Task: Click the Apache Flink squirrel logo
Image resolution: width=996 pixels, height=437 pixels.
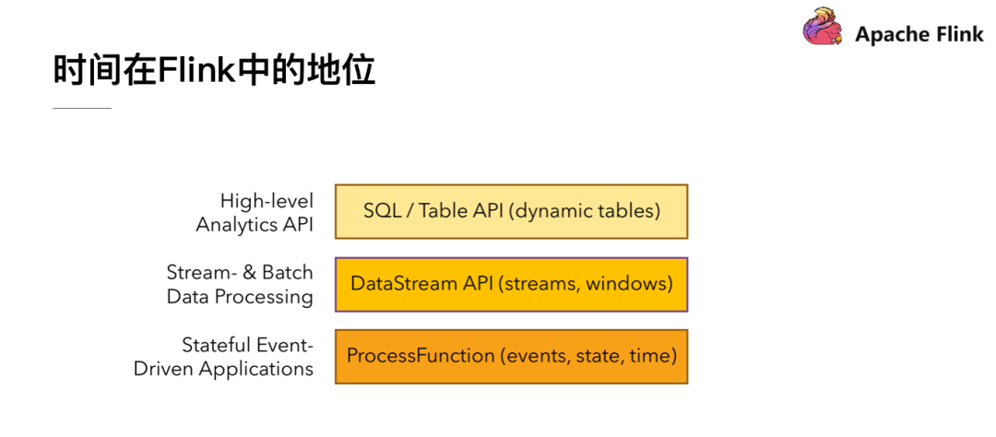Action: pos(822,27)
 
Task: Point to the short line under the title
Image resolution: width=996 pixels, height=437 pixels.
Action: pos(82,108)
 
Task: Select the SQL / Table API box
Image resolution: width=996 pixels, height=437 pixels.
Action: pos(511,211)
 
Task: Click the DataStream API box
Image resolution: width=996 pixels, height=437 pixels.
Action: pos(511,284)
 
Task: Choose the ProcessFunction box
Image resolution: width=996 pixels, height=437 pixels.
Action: pos(511,356)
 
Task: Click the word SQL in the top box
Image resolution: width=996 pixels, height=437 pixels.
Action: pos(382,211)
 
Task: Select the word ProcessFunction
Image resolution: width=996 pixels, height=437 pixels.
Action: pos(421,356)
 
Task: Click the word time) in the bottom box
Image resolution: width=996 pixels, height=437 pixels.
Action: pos(653,356)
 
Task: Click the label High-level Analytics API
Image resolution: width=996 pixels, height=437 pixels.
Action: pos(255,212)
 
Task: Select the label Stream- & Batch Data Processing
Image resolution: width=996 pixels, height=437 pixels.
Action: pos(240,284)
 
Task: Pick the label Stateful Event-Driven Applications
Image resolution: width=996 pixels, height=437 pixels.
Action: pos(224,357)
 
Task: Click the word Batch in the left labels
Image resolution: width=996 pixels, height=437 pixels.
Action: pos(288,273)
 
